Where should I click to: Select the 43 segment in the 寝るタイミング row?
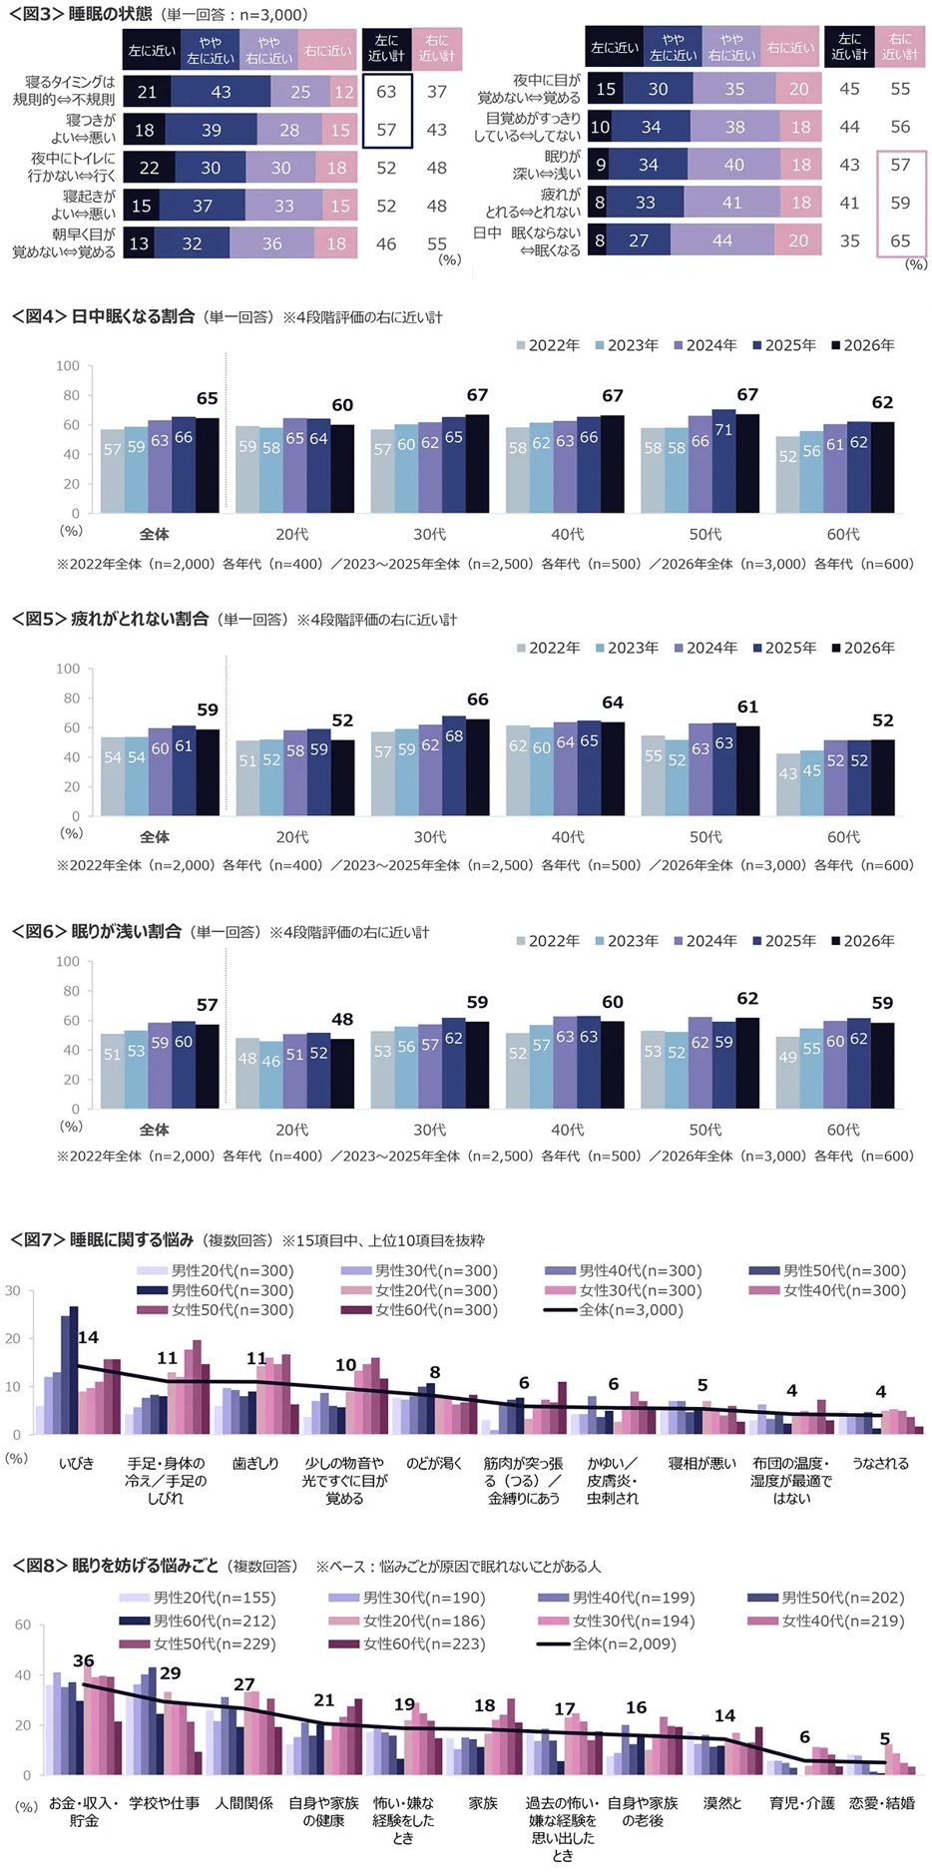tap(221, 92)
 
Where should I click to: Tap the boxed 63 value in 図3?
tap(386, 92)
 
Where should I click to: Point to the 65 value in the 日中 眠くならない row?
tap(900, 240)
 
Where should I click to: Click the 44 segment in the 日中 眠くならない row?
tap(721, 240)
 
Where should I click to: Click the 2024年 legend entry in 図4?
tap(704, 345)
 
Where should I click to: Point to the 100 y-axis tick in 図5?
tap(68, 669)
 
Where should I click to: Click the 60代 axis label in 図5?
tap(843, 836)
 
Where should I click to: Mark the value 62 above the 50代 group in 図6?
tap(747, 998)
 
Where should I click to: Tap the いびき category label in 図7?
tap(76, 1463)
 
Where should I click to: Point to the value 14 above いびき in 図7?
tap(88, 1337)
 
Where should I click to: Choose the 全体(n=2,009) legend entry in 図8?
tap(614, 1643)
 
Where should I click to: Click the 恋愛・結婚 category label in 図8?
tap(881, 1803)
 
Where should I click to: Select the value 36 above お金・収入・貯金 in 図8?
tap(84, 1661)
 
